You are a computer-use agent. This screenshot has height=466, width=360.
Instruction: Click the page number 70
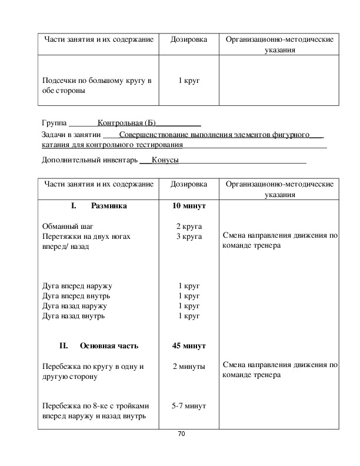tap(181, 434)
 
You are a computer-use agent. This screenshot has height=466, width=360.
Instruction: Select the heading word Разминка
tap(109, 207)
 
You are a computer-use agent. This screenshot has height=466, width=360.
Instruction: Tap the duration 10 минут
tap(189, 207)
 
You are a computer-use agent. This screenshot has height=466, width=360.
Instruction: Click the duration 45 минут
tap(189, 346)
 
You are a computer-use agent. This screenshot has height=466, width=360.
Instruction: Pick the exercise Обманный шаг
tap(68, 226)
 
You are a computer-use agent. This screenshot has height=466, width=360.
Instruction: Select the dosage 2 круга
tap(189, 226)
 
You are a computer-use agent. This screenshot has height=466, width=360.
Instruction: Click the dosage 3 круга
tap(189, 237)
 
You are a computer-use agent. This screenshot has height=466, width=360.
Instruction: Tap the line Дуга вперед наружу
tap(77, 285)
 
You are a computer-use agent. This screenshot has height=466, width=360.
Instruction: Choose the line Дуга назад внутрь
tap(74, 316)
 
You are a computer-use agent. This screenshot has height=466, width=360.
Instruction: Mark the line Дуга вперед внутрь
tap(76, 296)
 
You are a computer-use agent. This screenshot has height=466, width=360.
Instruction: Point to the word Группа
tap(55, 124)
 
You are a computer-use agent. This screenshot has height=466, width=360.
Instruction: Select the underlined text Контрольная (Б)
tap(126, 124)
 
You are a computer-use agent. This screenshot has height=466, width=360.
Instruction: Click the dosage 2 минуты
tap(189, 367)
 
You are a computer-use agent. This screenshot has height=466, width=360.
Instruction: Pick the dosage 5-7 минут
tap(189, 405)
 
